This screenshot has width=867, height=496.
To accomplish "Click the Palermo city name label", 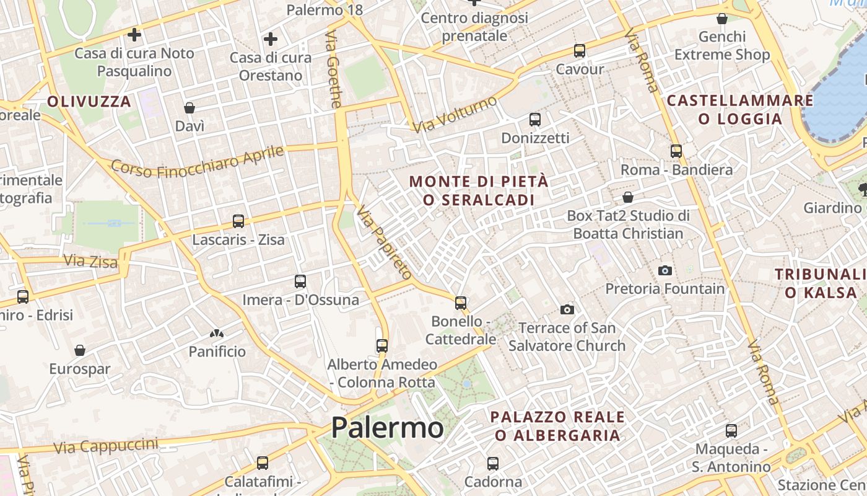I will pos(387,428).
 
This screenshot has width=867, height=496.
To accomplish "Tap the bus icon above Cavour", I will pos(580,51).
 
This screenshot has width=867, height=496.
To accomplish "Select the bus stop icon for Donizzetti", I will pos(535,120).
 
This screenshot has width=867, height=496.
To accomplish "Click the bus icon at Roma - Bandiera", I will pos(676,151).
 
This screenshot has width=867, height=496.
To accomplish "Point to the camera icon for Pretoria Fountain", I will pos(665,270).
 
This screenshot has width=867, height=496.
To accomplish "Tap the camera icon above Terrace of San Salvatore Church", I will pos(567,309).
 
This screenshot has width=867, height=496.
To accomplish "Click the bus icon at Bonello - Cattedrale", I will pos(461,303).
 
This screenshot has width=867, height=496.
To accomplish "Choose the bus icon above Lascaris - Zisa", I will pos(238,221).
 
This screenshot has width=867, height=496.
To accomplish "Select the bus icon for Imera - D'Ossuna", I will pos(300,281).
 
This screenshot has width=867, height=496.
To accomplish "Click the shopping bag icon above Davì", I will pos(190,108).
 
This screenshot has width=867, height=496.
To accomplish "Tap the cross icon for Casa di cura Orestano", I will pos(271,39).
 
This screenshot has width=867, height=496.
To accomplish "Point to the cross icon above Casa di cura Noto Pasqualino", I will pos(134,34).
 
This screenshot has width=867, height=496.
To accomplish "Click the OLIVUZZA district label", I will pos(89,102).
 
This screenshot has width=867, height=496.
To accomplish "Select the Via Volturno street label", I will pos(455,114).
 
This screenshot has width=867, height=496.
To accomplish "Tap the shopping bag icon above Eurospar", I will pos(79,350).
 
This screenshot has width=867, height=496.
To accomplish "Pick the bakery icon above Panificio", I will pos(217,334).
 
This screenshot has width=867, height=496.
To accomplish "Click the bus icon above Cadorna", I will pos(493,463).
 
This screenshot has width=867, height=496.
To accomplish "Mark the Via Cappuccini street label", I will pos(105,446).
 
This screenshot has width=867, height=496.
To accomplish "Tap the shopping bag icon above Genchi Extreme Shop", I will pos(722,19).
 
